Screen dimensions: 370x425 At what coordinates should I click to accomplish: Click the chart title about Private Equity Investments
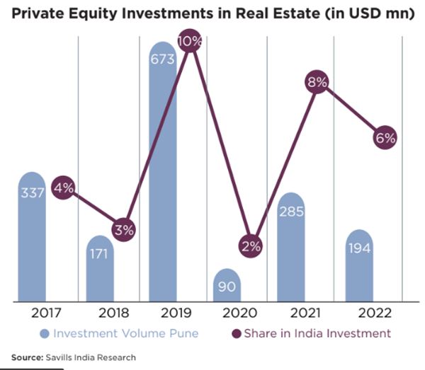(212, 15)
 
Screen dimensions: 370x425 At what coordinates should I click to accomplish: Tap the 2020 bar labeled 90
(227, 286)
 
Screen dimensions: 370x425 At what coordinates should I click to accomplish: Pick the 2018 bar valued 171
(100, 269)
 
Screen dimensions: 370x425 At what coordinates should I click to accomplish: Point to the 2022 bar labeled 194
(359, 265)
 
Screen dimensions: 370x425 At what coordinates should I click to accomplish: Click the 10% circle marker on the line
(190, 42)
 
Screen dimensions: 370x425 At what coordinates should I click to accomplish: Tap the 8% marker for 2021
(317, 83)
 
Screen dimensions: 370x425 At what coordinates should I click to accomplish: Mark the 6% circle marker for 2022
(385, 138)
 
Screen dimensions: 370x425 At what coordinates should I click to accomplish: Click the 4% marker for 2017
(64, 187)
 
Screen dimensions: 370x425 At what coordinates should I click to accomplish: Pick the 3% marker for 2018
(123, 230)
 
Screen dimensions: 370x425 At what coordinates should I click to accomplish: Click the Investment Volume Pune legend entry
(119, 333)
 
